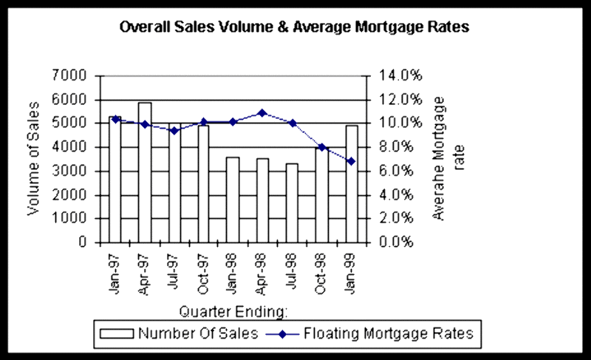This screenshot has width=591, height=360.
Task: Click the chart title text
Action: click(x=294, y=27)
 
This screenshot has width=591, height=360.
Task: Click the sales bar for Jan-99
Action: click(x=352, y=184)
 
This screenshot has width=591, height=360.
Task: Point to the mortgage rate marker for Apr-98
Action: click(x=262, y=113)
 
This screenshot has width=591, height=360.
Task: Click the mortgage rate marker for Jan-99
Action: click(x=352, y=161)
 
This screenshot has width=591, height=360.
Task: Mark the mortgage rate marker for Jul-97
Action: click(x=174, y=131)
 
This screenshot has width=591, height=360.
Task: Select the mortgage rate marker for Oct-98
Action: click(x=321, y=147)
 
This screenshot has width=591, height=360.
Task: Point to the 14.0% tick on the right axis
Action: click(x=400, y=75)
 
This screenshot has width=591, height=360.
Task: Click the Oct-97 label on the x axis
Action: click(x=203, y=273)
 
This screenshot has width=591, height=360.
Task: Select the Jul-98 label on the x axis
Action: click(x=292, y=273)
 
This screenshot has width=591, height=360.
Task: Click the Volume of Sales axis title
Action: click(x=34, y=159)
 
